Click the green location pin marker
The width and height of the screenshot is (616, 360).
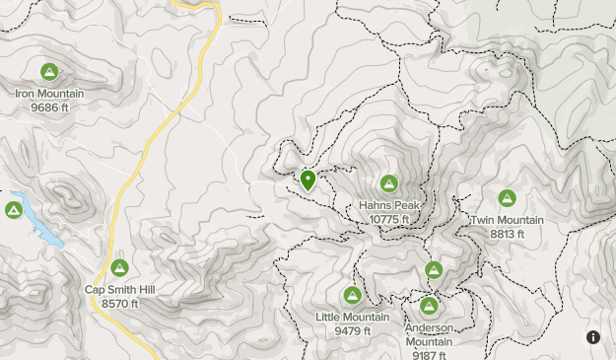click(308, 180)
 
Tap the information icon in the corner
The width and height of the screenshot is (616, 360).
click(593, 337)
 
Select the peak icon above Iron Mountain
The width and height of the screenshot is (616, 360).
click(49, 72)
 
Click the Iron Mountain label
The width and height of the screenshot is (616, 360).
click(49, 94)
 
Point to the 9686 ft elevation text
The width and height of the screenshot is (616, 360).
click(49, 107)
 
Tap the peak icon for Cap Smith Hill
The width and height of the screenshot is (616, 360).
click(119, 268)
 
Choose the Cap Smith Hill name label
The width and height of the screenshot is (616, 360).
click(119, 290)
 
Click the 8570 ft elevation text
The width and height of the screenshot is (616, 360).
click(119, 303)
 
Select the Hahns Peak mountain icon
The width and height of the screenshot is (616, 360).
click(389, 183)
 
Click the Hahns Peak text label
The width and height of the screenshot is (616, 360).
click(389, 205)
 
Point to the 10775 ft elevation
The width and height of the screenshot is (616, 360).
click(389, 218)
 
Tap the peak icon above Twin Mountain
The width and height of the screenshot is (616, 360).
click(507, 198)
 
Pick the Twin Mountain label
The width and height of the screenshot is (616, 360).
click(507, 220)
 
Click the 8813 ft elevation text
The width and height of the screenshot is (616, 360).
click(507, 233)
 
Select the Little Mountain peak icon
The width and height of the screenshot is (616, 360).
click(352, 295)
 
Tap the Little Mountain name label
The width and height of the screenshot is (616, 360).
click(352, 317)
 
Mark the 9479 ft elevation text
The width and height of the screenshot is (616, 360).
click(352, 330)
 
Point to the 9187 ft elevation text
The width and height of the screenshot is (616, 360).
click(429, 355)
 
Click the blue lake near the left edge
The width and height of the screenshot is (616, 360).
click(39, 225)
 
